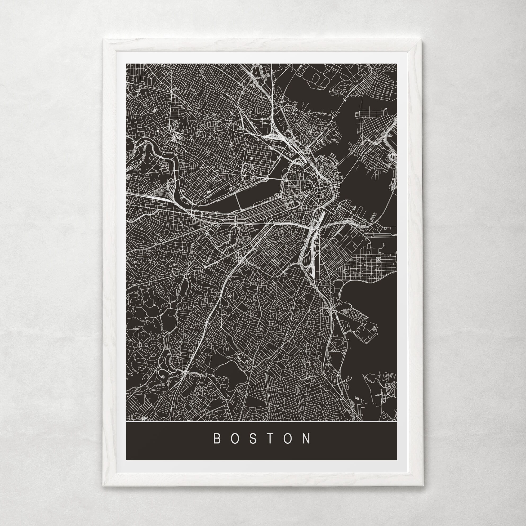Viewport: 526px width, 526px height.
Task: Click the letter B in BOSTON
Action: (217, 439)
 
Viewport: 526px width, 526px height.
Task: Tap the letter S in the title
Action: (253, 439)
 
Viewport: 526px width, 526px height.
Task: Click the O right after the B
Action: (235, 439)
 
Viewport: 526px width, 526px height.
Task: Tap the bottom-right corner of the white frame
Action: (423, 486)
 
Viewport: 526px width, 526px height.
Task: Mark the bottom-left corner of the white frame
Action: (103, 486)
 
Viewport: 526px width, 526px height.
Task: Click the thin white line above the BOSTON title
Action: (261, 421)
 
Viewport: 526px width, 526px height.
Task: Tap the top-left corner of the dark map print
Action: (126, 64)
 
